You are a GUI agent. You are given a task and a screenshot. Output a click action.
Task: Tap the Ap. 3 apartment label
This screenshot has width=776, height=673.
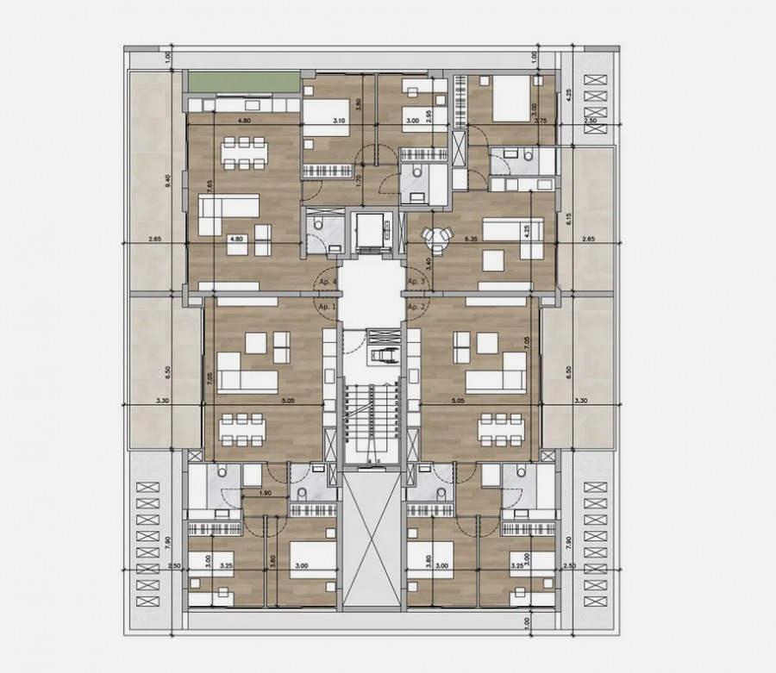(x=417, y=282)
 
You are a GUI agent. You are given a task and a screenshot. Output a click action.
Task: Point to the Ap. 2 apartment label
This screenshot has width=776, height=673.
(x=417, y=307)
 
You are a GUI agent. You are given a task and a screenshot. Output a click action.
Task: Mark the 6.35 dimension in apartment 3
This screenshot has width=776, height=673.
(x=471, y=238)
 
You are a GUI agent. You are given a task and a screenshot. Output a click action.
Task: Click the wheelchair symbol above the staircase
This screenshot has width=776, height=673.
(x=379, y=354)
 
